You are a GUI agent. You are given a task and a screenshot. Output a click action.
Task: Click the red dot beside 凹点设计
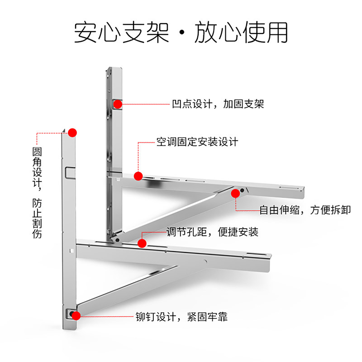[118, 104]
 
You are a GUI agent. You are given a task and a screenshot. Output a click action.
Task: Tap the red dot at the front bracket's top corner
[72, 133]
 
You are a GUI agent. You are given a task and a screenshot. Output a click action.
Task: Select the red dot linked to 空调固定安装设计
[138, 176]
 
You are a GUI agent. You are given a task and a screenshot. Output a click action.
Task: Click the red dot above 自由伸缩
[235, 194]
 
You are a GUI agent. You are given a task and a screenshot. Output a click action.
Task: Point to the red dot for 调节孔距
[142, 243]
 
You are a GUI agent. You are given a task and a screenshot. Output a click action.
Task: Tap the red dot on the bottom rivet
[76, 316]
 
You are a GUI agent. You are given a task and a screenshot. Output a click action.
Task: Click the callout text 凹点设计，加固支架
[218, 104]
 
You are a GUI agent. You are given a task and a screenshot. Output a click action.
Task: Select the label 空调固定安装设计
[197, 142]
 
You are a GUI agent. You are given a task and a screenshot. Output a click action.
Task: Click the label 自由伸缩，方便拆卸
[305, 210]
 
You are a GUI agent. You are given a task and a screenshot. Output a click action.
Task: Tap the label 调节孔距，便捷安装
[212, 232]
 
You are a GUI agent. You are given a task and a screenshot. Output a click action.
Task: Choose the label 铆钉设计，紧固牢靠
[181, 317]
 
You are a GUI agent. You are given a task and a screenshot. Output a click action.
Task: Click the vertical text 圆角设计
[37, 167]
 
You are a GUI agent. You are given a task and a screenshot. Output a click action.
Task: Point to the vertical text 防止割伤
[37, 218]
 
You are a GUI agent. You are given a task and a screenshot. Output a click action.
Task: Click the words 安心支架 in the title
[122, 32]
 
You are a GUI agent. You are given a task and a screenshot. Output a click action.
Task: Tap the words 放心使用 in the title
[241, 32]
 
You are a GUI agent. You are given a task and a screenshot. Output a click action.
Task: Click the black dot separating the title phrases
[182, 32]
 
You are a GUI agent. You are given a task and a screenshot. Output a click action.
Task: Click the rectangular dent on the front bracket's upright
[70, 173]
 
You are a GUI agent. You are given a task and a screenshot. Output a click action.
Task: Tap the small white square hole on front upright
[71, 251]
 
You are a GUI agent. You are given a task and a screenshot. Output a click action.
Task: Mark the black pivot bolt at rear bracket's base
[117, 240]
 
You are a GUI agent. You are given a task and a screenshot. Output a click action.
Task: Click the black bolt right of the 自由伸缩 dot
[242, 191]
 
